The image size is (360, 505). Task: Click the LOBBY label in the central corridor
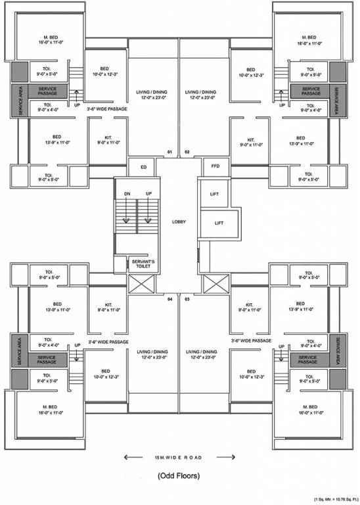point(179,222)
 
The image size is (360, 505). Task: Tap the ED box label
point(143,167)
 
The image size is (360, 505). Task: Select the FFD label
point(215,167)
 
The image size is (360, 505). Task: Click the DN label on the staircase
point(127,193)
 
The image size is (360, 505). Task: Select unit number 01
point(169,152)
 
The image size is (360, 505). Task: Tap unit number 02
point(187,152)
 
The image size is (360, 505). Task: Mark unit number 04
point(169,299)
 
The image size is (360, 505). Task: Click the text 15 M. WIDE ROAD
point(179,456)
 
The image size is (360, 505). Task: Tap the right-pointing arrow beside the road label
point(228,456)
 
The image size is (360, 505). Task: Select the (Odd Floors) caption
point(179,475)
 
